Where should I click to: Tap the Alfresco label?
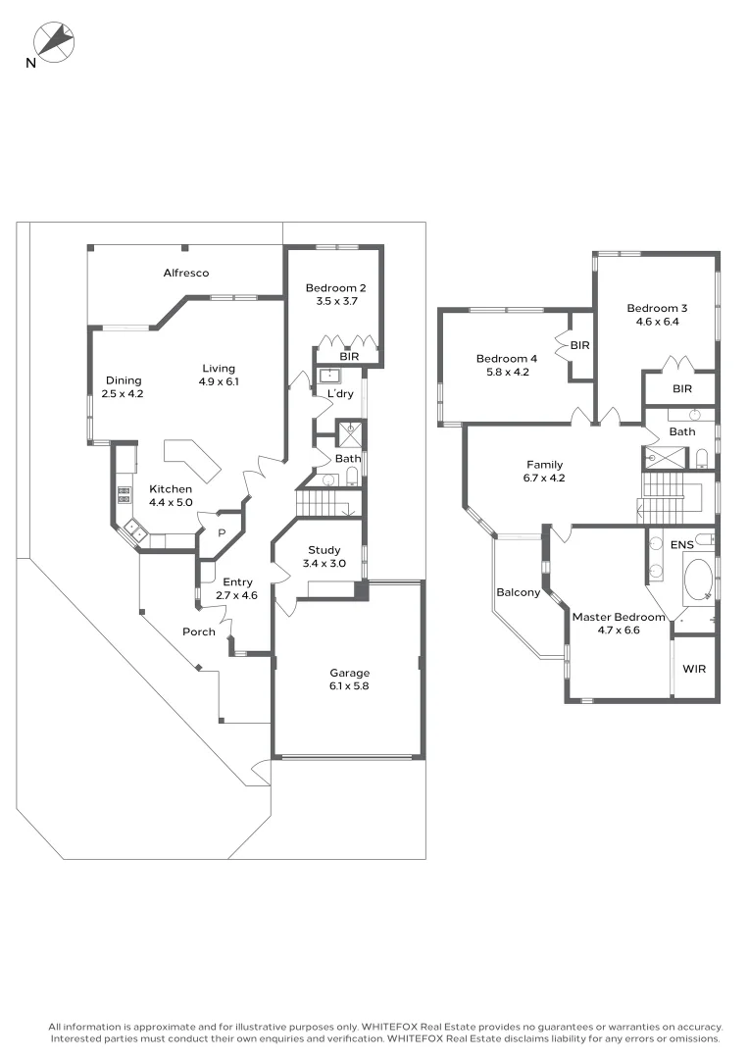(x=186, y=273)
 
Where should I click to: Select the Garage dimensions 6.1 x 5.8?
(x=349, y=686)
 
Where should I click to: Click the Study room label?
(x=324, y=550)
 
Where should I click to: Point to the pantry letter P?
(x=222, y=533)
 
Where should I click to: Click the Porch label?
(x=199, y=631)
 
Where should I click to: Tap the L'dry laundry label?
(x=340, y=394)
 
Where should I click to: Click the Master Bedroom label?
(x=619, y=617)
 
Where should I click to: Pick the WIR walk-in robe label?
(x=694, y=669)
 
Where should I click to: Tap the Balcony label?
(x=518, y=592)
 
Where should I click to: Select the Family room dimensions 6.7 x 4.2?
(x=545, y=479)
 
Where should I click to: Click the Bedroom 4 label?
(x=507, y=358)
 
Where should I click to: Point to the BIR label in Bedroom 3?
(x=682, y=388)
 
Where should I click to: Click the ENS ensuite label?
(x=681, y=543)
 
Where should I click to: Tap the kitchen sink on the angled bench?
(x=134, y=532)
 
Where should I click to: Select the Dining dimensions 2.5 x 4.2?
(x=123, y=394)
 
